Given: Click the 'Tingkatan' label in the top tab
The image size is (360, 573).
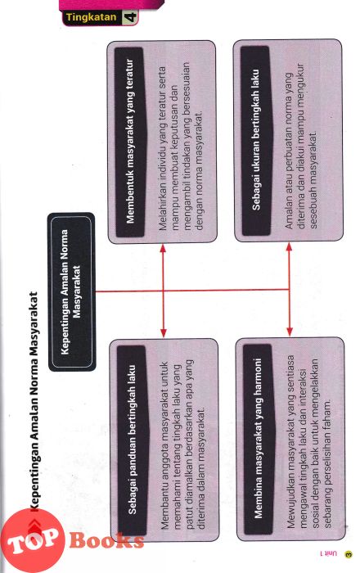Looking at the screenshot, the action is click(x=92, y=17).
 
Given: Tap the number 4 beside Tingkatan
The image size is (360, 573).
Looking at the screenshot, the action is click(x=130, y=17).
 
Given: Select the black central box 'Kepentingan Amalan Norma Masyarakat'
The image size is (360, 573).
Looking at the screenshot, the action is click(x=71, y=291).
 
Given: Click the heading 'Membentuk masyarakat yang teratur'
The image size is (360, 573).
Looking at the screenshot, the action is click(x=130, y=141).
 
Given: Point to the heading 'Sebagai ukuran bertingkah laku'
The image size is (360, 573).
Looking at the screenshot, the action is click(x=256, y=140).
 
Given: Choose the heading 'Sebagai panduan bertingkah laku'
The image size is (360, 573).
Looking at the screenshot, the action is click(x=133, y=440).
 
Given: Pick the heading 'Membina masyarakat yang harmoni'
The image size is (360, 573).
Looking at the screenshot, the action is click(x=258, y=438).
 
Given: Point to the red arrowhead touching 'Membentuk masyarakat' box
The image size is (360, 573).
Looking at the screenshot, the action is click(x=163, y=249).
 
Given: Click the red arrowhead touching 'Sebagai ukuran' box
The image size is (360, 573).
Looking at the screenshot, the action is click(x=289, y=248).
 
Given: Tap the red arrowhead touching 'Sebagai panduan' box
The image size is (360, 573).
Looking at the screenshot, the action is click(x=163, y=333).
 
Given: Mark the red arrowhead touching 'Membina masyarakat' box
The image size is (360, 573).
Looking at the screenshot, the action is click(x=290, y=332).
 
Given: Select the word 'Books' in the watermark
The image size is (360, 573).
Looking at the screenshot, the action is click(x=106, y=540).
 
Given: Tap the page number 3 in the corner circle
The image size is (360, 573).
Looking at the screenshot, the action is click(x=349, y=554).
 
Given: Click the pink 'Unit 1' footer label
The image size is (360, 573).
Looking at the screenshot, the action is click(x=328, y=554).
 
